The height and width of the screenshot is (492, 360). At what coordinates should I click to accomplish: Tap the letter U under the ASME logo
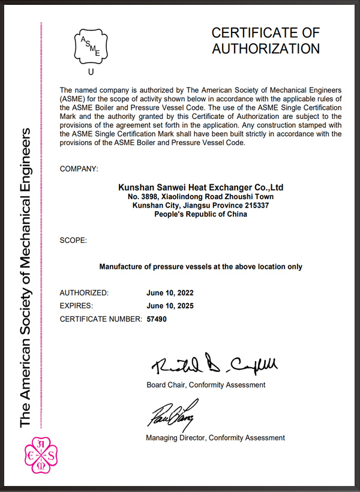[x=91, y=73]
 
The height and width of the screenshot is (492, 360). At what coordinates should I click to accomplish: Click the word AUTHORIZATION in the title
[x=266, y=48]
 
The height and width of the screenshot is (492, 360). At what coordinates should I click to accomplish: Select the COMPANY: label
[x=79, y=169]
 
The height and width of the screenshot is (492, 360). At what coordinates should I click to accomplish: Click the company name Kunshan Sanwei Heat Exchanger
[x=200, y=187]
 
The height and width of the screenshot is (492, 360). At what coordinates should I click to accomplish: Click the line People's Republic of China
[x=200, y=214]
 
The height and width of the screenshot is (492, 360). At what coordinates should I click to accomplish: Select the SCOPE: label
[x=73, y=241]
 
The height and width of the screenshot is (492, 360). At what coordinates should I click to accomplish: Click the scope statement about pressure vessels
[x=200, y=266]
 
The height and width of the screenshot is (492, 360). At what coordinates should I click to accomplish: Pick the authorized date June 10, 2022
[x=170, y=293]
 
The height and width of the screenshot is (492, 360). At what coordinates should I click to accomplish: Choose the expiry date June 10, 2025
[x=170, y=306]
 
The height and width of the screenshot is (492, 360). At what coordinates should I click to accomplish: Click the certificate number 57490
[x=157, y=319]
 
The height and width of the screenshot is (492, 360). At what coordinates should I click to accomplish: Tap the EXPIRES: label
[x=77, y=306]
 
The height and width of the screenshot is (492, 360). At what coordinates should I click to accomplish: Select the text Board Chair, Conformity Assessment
[x=206, y=385]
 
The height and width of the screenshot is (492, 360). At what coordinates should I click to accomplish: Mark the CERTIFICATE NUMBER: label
[x=101, y=319]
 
